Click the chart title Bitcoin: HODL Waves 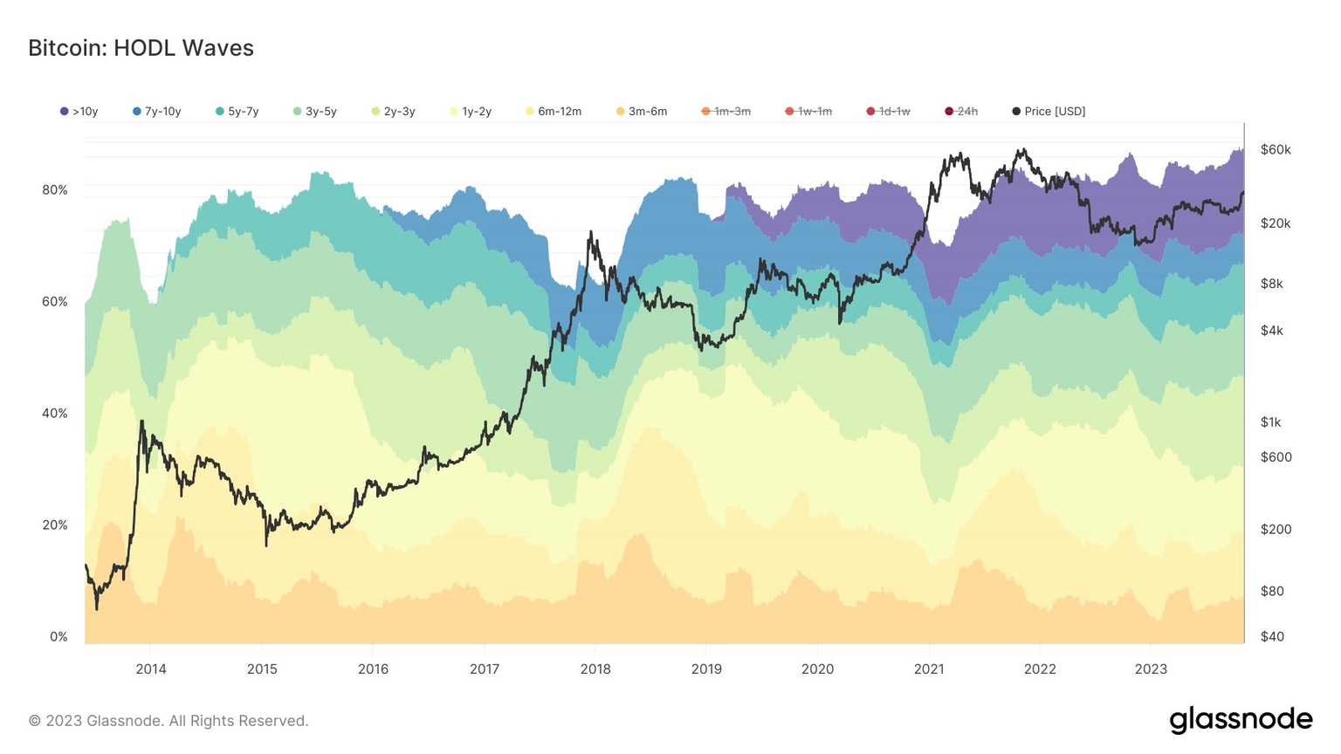click(141, 48)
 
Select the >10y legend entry click(79, 112)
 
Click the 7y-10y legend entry click(157, 112)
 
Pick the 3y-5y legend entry click(315, 112)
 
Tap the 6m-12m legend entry click(554, 112)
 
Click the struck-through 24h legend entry click(961, 112)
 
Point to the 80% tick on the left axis click(54, 190)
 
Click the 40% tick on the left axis click(54, 414)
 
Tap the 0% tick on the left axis click(58, 637)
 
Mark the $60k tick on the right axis click(1276, 150)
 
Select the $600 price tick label click(1276, 457)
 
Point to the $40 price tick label click(1272, 637)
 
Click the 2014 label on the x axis click(150, 669)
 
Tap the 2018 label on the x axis click(595, 669)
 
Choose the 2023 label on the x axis click(1151, 669)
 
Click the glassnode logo click(1241, 720)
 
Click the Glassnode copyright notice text click(168, 721)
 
